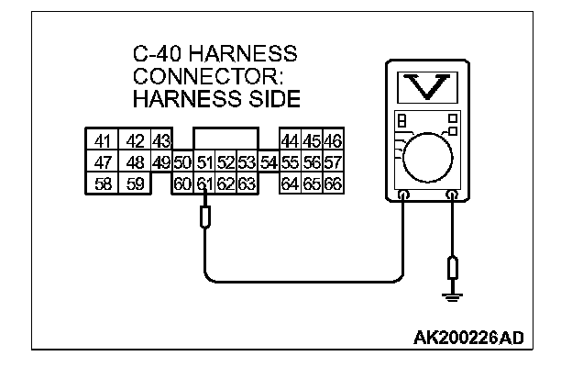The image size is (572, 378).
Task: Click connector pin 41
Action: click(x=101, y=142)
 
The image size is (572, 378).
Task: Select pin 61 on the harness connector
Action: click(x=204, y=184)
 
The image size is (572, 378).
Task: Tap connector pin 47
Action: click(x=101, y=163)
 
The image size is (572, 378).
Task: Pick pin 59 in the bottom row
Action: click(x=134, y=184)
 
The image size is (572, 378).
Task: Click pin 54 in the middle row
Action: click(x=268, y=163)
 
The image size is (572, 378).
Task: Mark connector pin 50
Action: click(x=182, y=163)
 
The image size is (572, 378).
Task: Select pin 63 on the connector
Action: click(x=246, y=184)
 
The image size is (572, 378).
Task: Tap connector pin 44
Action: click(x=290, y=142)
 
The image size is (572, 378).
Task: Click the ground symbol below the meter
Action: click(x=451, y=295)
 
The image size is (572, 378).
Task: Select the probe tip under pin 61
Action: click(x=204, y=217)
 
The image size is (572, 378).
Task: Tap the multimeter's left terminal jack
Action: click(x=404, y=195)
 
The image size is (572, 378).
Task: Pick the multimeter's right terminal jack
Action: click(x=451, y=195)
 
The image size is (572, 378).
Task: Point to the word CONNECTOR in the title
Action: click(x=193, y=75)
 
